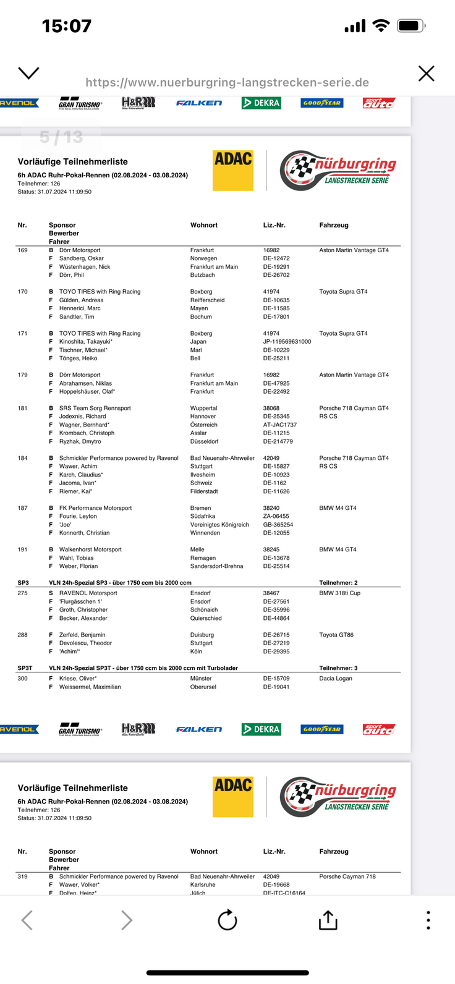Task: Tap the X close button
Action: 426,74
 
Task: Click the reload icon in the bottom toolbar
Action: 228,920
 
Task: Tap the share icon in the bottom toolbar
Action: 328,920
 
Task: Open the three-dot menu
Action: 428,920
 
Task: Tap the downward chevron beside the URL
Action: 28,73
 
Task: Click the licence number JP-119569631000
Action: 287,342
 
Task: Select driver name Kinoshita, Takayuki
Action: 85,342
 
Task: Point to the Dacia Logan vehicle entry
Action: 336,679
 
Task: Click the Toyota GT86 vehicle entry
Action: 336,635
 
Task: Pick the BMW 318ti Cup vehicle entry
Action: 339,593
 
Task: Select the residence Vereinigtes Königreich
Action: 219,525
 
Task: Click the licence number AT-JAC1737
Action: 279,425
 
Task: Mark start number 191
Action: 23,549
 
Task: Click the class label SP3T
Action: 25,668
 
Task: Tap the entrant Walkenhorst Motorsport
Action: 90,549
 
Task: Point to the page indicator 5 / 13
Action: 61,137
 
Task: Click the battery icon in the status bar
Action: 411,26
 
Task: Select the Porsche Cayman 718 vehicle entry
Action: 347,876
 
